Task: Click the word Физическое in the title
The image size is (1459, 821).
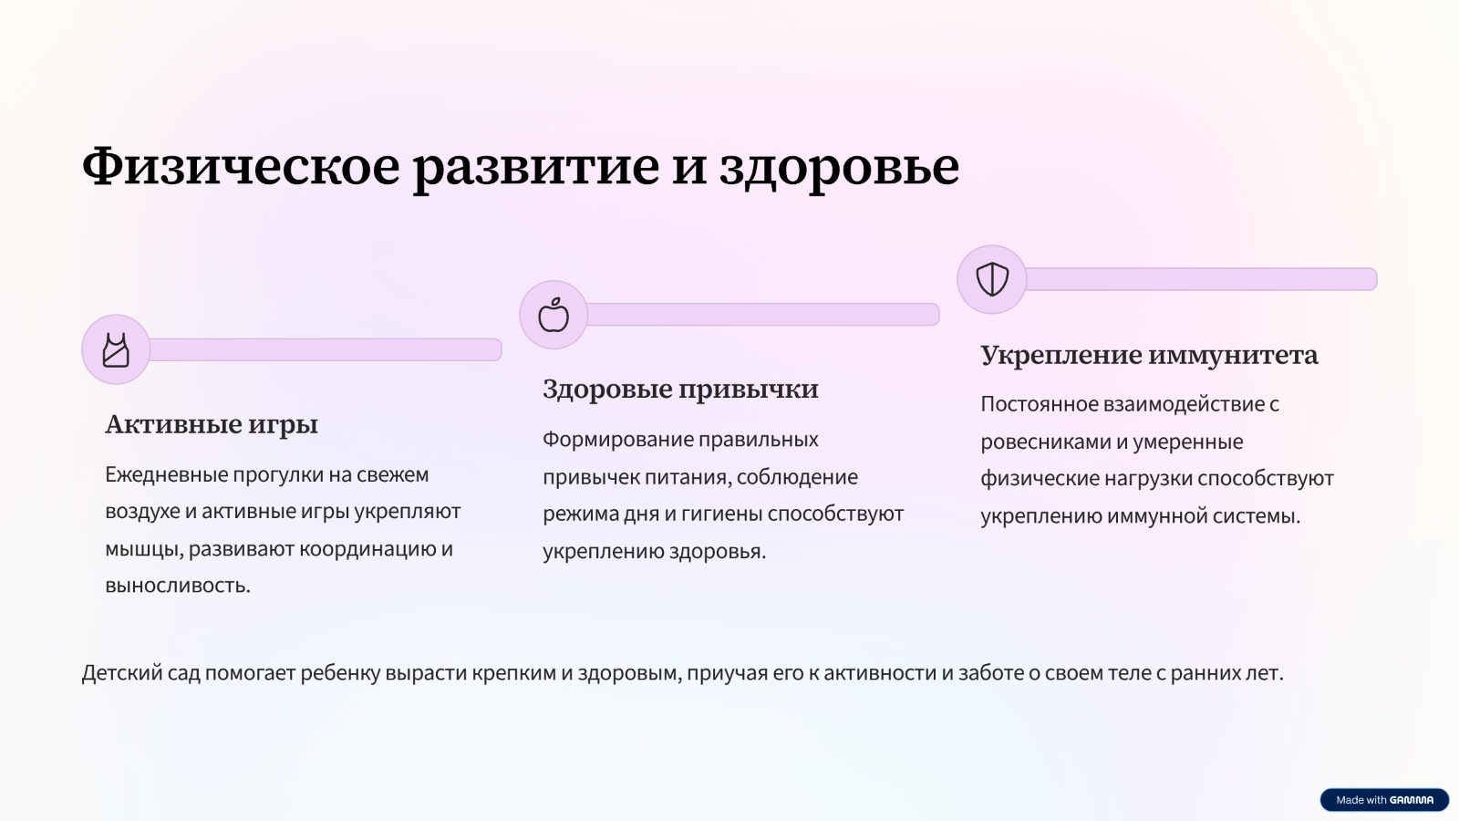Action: point(241,166)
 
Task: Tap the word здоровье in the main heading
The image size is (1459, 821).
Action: point(839,168)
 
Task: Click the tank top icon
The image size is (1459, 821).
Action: point(116,350)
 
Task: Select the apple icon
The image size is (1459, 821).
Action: point(554,315)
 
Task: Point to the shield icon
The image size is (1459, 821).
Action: point(992,279)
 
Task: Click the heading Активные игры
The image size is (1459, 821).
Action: point(212,424)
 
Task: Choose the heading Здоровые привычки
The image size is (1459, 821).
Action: point(680,389)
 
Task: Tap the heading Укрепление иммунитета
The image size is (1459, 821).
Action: point(1150,355)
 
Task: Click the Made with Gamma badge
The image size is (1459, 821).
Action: point(1384,799)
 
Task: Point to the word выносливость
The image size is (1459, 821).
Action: point(178,586)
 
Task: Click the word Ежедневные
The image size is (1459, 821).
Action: point(166,475)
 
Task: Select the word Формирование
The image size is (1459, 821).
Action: point(617,440)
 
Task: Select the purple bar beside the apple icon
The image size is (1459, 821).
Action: point(762,314)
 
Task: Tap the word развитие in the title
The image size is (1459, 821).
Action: point(536,168)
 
